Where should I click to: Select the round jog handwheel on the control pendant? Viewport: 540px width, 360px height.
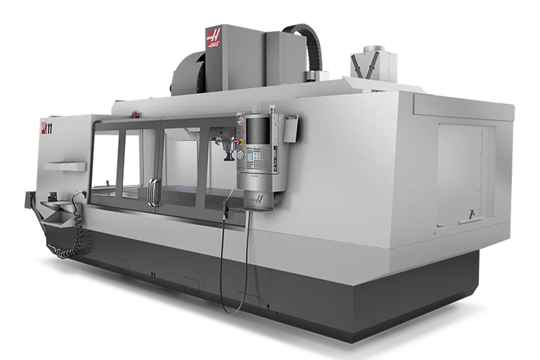click(x=241, y=155)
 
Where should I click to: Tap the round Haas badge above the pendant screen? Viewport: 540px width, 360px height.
click(x=240, y=121)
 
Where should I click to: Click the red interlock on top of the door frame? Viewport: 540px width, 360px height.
click(x=133, y=114)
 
